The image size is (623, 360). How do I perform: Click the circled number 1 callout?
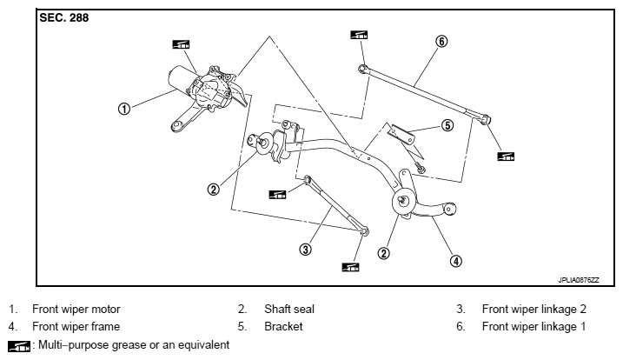pyautogui.click(x=124, y=108)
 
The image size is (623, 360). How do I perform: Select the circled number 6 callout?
pyautogui.click(x=441, y=41)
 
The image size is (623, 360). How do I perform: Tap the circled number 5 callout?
pyautogui.click(x=447, y=125)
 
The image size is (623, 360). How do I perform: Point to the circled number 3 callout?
pyautogui.click(x=305, y=250)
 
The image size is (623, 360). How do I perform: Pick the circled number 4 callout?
pyautogui.click(x=455, y=261)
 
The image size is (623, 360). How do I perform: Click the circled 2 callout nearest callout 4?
pyautogui.click(x=383, y=253)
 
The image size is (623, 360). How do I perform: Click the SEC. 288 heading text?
pyautogui.click(x=64, y=18)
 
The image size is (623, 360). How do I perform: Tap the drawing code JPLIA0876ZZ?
pyautogui.click(x=579, y=280)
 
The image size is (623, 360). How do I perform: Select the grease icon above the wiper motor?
pyautogui.click(x=181, y=44)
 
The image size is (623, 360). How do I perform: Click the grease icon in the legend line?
pyautogui.click(x=18, y=346)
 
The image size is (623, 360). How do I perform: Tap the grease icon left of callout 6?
pyautogui.click(x=359, y=35)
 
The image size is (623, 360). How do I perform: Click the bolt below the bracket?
pyautogui.click(x=420, y=168)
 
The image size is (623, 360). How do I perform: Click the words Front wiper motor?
pyautogui.click(x=76, y=309)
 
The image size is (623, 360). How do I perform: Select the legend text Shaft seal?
pyautogui.click(x=289, y=309)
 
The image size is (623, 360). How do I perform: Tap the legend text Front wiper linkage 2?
pyautogui.click(x=534, y=309)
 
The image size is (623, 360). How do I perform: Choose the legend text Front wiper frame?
pyautogui.click(x=76, y=327)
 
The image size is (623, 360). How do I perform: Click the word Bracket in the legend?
pyautogui.click(x=283, y=327)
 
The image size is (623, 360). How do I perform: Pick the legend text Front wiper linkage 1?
pyautogui.click(x=534, y=327)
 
